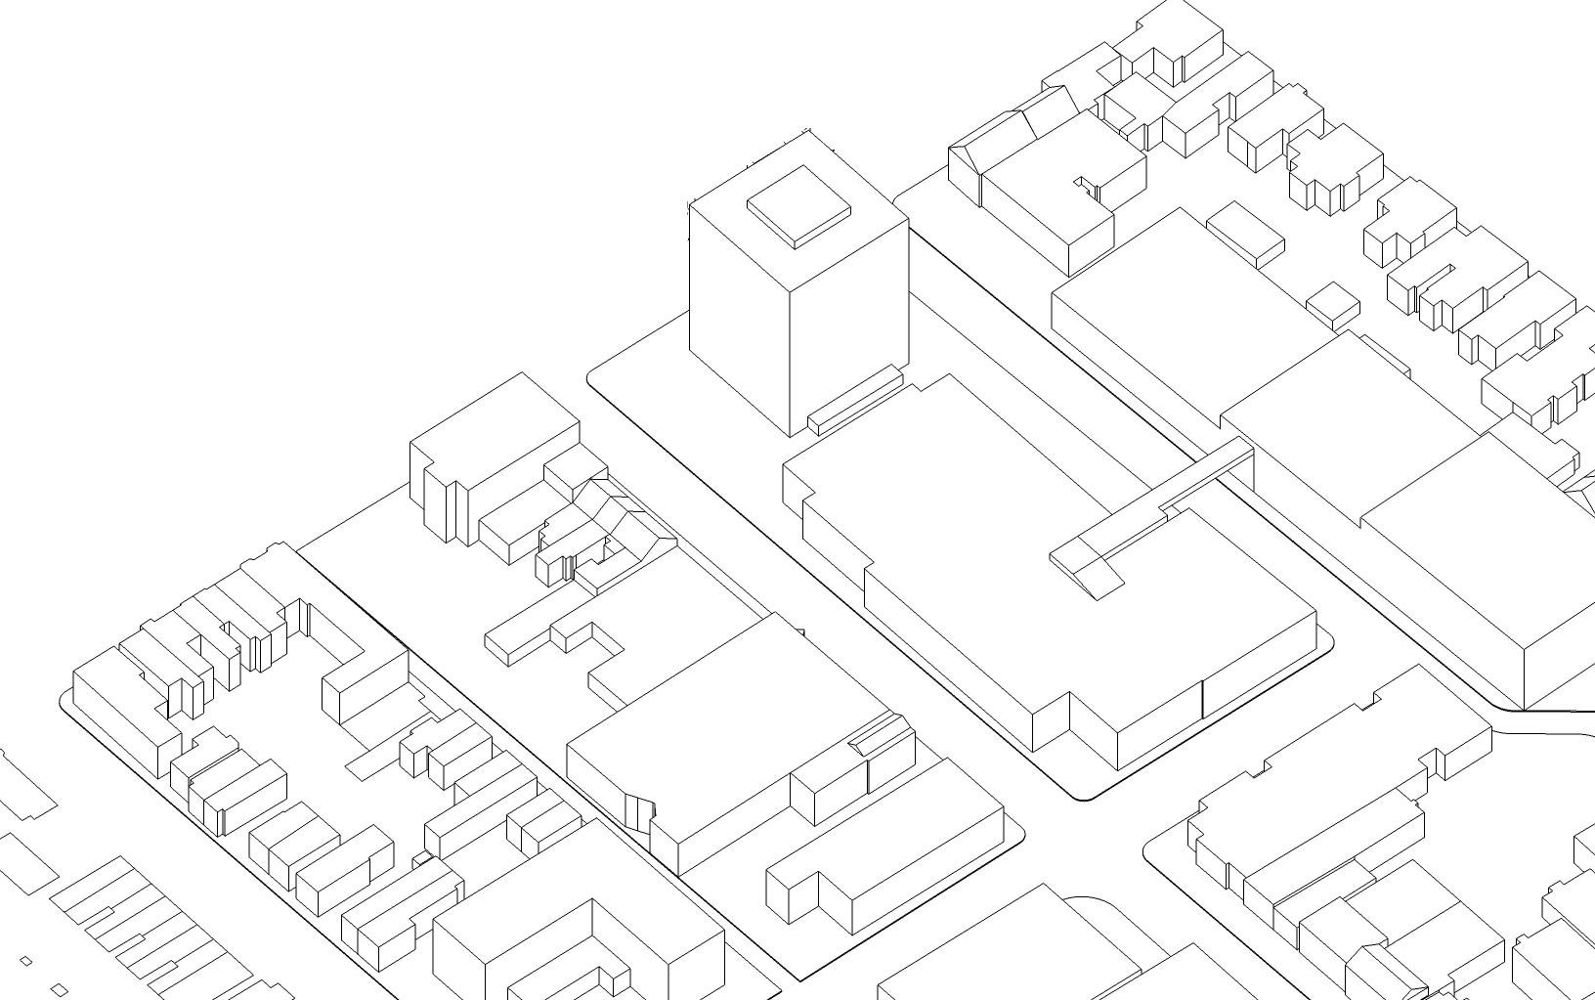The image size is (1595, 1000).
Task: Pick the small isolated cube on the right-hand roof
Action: point(1332,304)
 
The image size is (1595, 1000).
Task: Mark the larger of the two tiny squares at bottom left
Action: point(59,990)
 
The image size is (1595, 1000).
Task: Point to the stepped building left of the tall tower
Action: point(489,450)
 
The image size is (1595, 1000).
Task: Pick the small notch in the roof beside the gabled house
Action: point(1087,186)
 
